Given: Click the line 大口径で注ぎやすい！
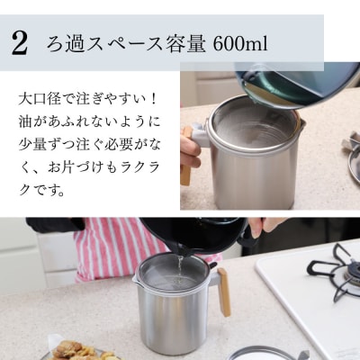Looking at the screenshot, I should click(x=85, y=96).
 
